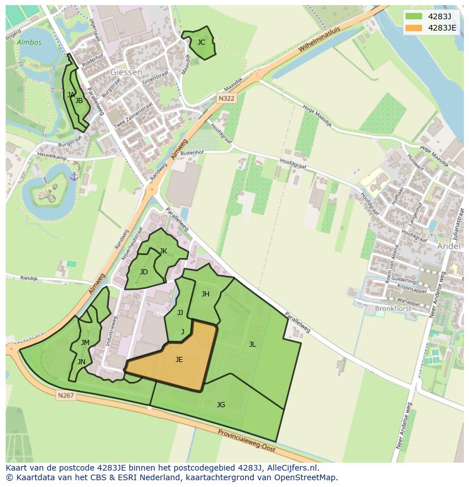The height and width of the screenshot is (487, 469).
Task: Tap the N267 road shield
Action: (x=66, y=395)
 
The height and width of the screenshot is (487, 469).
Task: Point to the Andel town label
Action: (x=449, y=246)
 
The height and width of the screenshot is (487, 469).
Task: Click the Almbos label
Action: (x=29, y=42)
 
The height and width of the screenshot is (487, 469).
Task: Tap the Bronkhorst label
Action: (x=392, y=309)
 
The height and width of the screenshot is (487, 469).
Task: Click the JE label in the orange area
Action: (x=179, y=360)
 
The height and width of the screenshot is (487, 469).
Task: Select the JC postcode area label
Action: (x=201, y=42)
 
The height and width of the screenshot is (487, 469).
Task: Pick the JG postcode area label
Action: (x=221, y=404)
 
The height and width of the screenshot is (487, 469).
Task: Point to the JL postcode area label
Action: (x=252, y=344)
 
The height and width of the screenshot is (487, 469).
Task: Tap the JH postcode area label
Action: (x=206, y=294)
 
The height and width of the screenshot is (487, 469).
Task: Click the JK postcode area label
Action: (x=163, y=251)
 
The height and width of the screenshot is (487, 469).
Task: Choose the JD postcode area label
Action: (x=144, y=272)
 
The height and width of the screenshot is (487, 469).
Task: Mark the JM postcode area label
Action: (x=85, y=343)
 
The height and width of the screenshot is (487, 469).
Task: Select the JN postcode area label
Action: (x=82, y=362)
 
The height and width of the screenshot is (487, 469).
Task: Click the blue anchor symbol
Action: (x=74, y=177)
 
